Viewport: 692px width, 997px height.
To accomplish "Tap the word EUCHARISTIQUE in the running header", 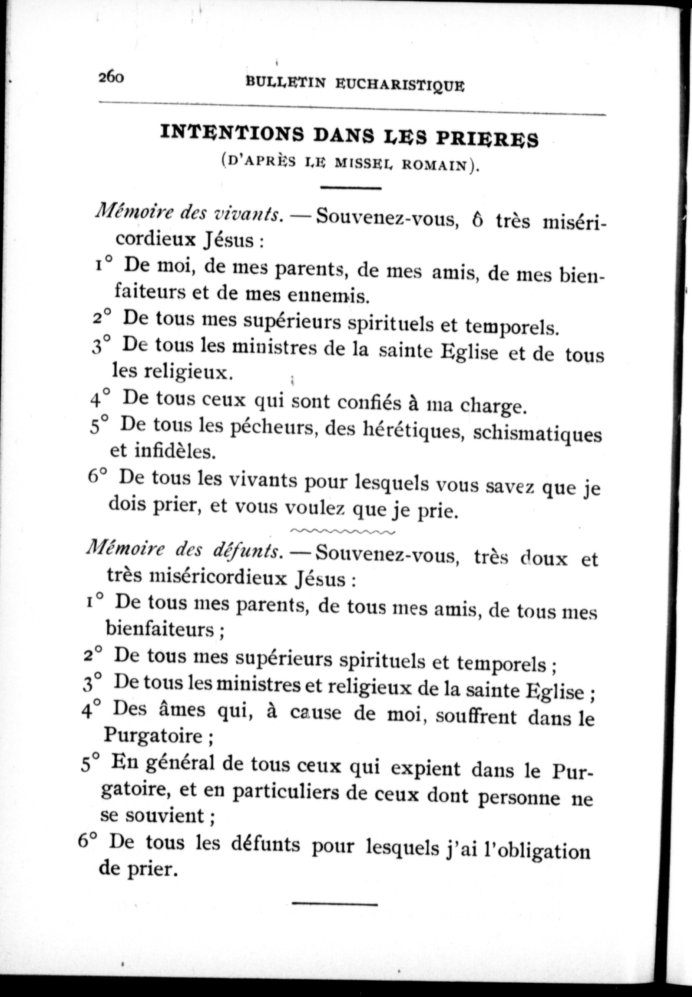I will click(400, 85).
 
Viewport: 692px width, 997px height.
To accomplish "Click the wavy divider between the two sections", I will click(343, 531).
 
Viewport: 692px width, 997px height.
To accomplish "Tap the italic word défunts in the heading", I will click(245, 551).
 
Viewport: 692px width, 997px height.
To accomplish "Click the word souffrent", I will click(476, 717).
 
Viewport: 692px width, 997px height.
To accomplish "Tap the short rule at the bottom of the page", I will click(335, 904).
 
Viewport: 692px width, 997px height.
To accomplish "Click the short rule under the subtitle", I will click(350, 188).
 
